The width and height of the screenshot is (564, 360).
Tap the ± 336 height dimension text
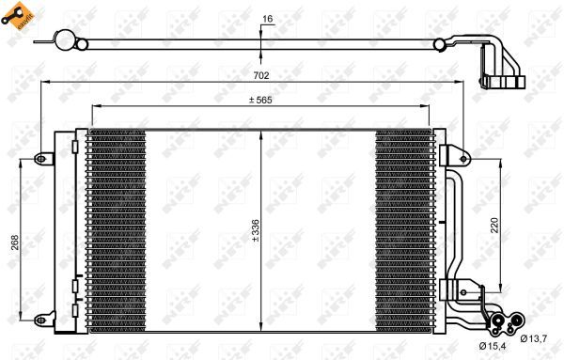coord(255,229)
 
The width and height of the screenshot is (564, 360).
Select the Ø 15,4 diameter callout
coord(488,350)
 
